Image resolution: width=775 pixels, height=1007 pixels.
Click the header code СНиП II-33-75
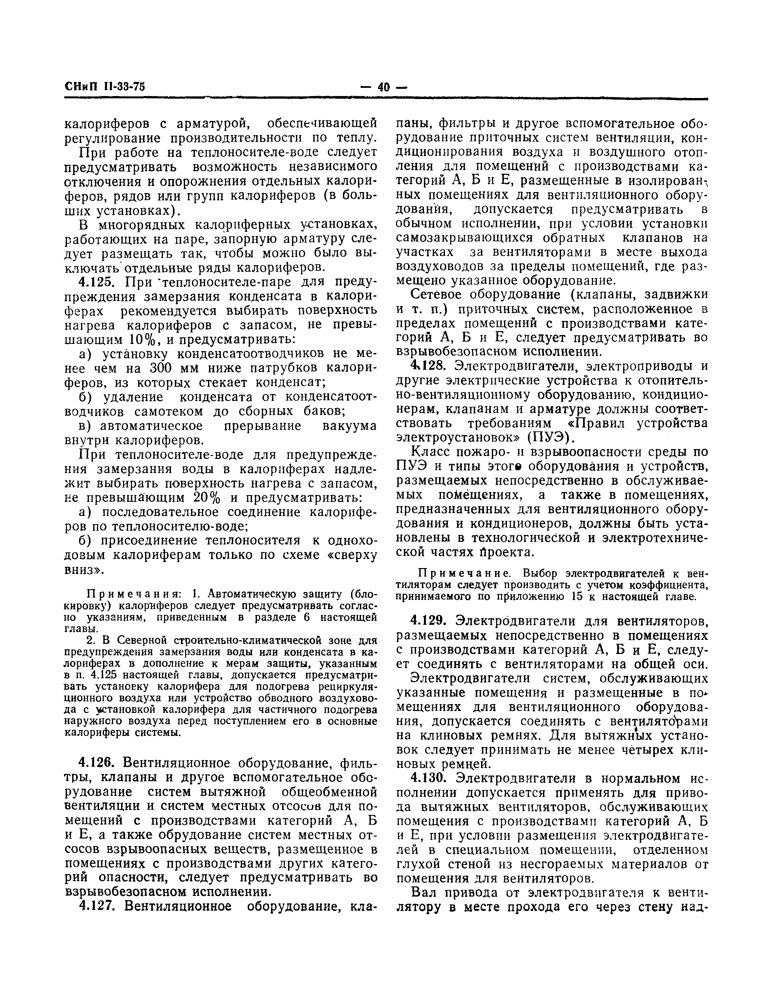pyautogui.click(x=105, y=87)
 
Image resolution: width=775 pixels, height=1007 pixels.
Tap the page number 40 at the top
pyautogui.click(x=383, y=87)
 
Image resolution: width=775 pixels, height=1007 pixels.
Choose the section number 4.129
pyautogui.click(x=429, y=621)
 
